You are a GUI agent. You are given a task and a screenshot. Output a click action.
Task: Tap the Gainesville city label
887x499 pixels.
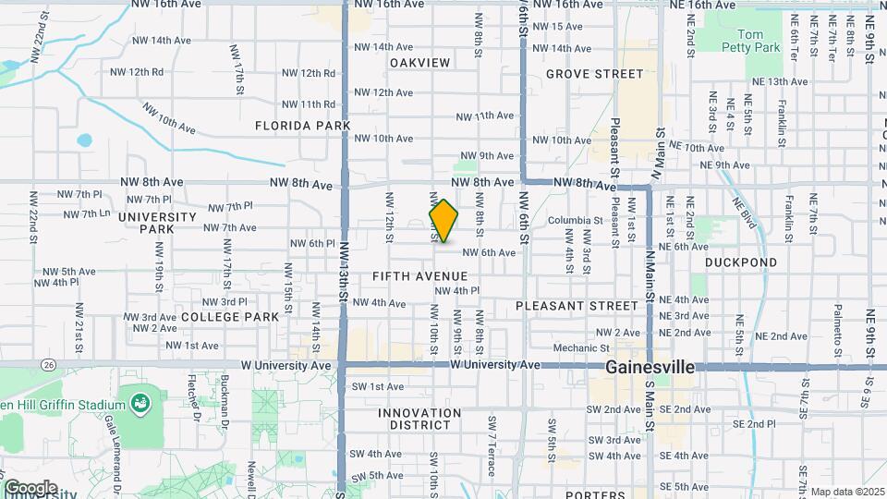point(650,367)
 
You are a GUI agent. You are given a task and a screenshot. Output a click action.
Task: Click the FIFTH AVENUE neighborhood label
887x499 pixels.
point(420,276)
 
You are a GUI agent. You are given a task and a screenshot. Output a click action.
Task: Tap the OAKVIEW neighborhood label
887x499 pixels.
point(419,63)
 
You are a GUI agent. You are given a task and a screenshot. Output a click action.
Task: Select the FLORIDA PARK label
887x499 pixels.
point(303,125)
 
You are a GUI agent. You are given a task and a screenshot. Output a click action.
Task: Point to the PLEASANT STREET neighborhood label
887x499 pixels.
point(577,305)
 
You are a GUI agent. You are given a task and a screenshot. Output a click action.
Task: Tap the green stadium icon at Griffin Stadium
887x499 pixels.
point(140,404)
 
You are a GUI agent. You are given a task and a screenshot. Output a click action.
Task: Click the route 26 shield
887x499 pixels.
point(48,365)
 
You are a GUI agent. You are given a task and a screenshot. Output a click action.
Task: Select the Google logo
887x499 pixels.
point(30,488)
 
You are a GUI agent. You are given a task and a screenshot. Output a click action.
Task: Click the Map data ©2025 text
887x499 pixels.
point(846,492)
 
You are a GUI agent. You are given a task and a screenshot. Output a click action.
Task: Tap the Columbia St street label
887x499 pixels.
point(575,221)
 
